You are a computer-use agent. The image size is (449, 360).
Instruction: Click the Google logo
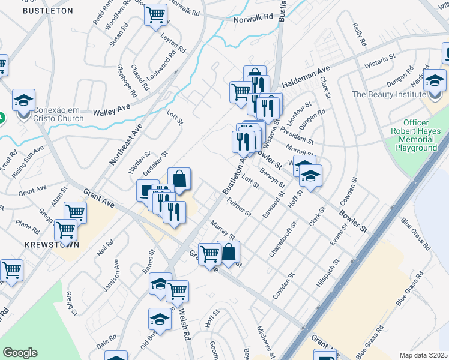20,353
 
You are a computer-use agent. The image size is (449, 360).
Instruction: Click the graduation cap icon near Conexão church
24,100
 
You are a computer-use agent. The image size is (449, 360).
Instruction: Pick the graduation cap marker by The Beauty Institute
434,80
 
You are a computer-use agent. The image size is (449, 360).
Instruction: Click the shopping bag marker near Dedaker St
179,178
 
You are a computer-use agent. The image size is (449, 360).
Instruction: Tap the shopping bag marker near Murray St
229,252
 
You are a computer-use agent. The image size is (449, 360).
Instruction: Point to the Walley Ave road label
112,110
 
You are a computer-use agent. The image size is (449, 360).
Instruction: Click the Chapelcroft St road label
283,239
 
